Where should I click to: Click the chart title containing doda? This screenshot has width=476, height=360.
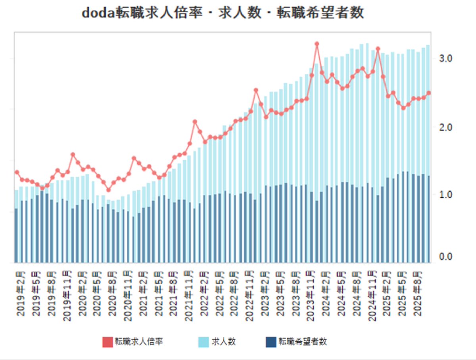tap(223, 13)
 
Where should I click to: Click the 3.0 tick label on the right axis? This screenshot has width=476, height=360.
tap(445, 59)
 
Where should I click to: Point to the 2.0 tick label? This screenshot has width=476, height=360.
tap(445, 127)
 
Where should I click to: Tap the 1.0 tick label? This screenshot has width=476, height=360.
tap(445, 195)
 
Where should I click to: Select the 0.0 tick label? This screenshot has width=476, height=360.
tap(445, 257)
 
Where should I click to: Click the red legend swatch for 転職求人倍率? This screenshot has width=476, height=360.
tap(108, 342)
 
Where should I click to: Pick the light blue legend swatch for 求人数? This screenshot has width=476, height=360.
tap(203, 342)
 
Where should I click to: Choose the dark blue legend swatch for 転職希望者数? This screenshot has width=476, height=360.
tap(271, 342)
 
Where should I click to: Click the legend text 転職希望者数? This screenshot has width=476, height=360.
tap(303, 342)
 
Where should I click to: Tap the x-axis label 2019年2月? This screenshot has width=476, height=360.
tap(21, 294)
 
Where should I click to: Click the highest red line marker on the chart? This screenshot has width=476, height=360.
tap(317, 44)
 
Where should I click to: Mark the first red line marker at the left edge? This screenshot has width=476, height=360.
tap(17, 172)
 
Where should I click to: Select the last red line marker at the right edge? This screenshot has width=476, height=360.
tap(428, 93)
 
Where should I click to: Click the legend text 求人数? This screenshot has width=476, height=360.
tap(224, 342)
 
